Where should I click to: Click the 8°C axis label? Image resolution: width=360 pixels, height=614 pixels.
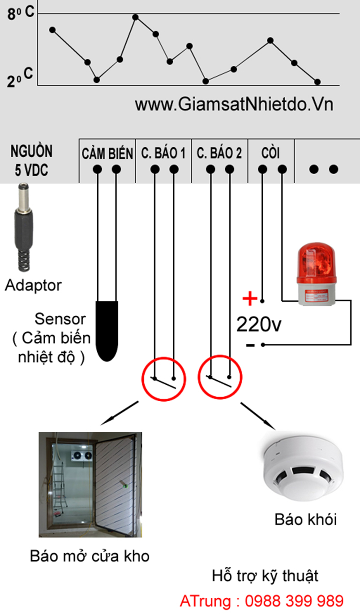click(20, 13)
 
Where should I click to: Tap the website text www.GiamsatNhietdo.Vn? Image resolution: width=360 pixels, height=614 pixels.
click(234, 104)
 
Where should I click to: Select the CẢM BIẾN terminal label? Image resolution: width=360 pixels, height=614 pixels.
click(107, 154)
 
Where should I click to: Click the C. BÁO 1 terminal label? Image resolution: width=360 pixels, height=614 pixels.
click(163, 154)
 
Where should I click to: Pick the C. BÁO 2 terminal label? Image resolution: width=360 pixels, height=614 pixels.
click(219, 154)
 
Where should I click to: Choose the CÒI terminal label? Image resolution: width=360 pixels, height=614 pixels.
click(270, 154)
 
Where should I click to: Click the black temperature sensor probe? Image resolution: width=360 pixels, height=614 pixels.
click(107, 330)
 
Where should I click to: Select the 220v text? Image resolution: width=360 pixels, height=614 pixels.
click(259, 324)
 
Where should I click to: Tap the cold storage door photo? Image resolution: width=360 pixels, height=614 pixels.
click(90, 484)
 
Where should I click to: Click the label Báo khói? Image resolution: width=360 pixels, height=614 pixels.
click(305, 520)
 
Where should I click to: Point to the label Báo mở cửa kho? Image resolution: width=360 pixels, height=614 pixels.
click(90, 556)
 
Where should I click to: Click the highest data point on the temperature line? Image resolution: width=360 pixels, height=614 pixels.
click(135, 17)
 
